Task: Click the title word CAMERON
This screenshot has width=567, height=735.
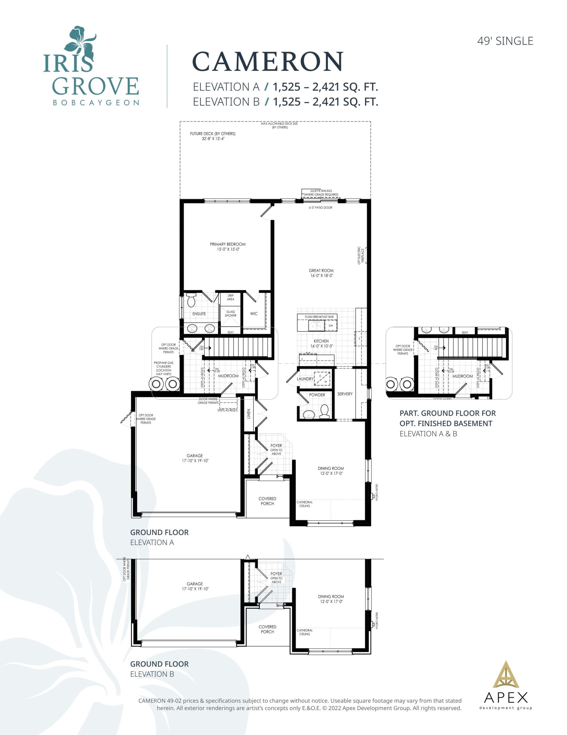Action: (x=267, y=62)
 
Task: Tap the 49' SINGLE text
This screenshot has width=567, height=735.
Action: (x=505, y=41)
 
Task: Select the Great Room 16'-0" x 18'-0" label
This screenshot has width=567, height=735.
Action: (x=321, y=273)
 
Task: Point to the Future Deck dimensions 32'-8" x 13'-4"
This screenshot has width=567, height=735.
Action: (x=213, y=138)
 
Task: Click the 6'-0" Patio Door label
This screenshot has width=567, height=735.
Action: (x=320, y=208)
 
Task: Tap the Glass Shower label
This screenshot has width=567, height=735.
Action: (x=230, y=314)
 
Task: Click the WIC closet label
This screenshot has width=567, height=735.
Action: (x=254, y=314)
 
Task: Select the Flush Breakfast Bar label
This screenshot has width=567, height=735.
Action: (x=319, y=317)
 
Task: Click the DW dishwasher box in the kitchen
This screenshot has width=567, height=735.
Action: (x=331, y=325)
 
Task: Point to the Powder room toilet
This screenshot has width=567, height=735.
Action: (x=324, y=411)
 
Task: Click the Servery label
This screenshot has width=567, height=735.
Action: (x=345, y=394)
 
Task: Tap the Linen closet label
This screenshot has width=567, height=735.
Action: (x=249, y=414)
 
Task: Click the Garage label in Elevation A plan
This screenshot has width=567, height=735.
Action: (x=195, y=458)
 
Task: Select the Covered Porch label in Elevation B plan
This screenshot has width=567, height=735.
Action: (x=267, y=629)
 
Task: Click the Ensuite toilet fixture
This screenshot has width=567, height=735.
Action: (x=191, y=300)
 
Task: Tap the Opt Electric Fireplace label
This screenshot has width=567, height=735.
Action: (x=361, y=256)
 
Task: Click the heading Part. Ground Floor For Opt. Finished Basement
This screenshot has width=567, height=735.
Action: (x=447, y=418)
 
